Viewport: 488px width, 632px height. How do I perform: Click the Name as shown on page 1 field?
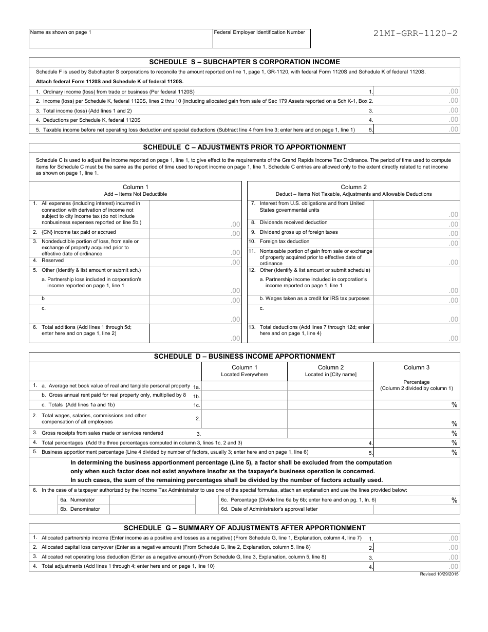point(121,40)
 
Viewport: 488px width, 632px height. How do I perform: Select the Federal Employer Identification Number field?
point(261,40)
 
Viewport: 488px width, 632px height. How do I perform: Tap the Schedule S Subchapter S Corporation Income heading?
point(245,62)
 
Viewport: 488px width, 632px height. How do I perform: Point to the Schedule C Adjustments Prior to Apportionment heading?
point(245,147)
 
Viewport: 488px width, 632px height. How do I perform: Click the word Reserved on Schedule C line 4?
point(52,261)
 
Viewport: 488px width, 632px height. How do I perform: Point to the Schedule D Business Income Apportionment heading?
point(245,356)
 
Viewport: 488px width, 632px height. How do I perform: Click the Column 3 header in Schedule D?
point(417,367)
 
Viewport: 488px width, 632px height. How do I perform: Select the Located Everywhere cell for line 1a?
point(245,386)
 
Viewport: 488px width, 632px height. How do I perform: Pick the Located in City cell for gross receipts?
point(330,433)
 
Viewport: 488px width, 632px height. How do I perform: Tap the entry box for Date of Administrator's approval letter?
point(416,509)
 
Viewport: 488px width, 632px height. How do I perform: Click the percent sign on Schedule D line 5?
point(454,452)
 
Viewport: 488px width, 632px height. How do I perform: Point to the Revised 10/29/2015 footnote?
point(439,574)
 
